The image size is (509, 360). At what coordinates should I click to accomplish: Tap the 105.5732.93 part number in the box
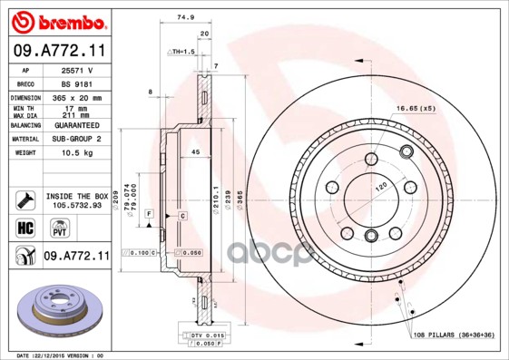coord(76,205)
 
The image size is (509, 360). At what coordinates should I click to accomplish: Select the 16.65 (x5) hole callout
coord(415,109)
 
